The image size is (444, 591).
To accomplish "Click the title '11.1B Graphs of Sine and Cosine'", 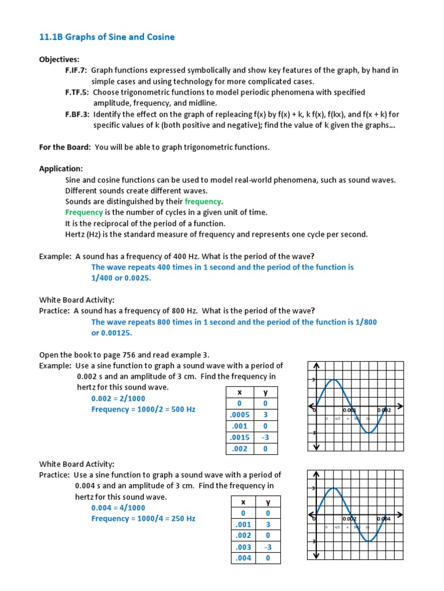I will pyautogui.click(x=106, y=38).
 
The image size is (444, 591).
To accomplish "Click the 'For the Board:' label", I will pyautogui.click(x=65, y=147).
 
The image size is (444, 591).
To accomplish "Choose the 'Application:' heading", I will pyautogui.click(x=61, y=169).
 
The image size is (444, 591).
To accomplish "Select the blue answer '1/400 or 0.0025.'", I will pyautogui.click(x=121, y=278).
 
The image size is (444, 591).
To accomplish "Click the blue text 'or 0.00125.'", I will pyautogui.click(x=112, y=333).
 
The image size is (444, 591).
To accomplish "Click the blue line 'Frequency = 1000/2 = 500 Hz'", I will pyautogui.click(x=143, y=409).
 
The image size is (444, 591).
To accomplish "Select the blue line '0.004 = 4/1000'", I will pyautogui.click(x=119, y=508).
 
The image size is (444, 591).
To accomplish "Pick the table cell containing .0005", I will pyautogui.click(x=239, y=415).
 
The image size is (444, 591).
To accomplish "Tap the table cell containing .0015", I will pyautogui.click(x=239, y=437).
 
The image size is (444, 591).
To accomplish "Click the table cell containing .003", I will pyautogui.click(x=244, y=547).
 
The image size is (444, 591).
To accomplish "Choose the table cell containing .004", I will pyautogui.click(x=244, y=558).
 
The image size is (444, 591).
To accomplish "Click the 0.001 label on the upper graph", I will pyautogui.click(x=350, y=410).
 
